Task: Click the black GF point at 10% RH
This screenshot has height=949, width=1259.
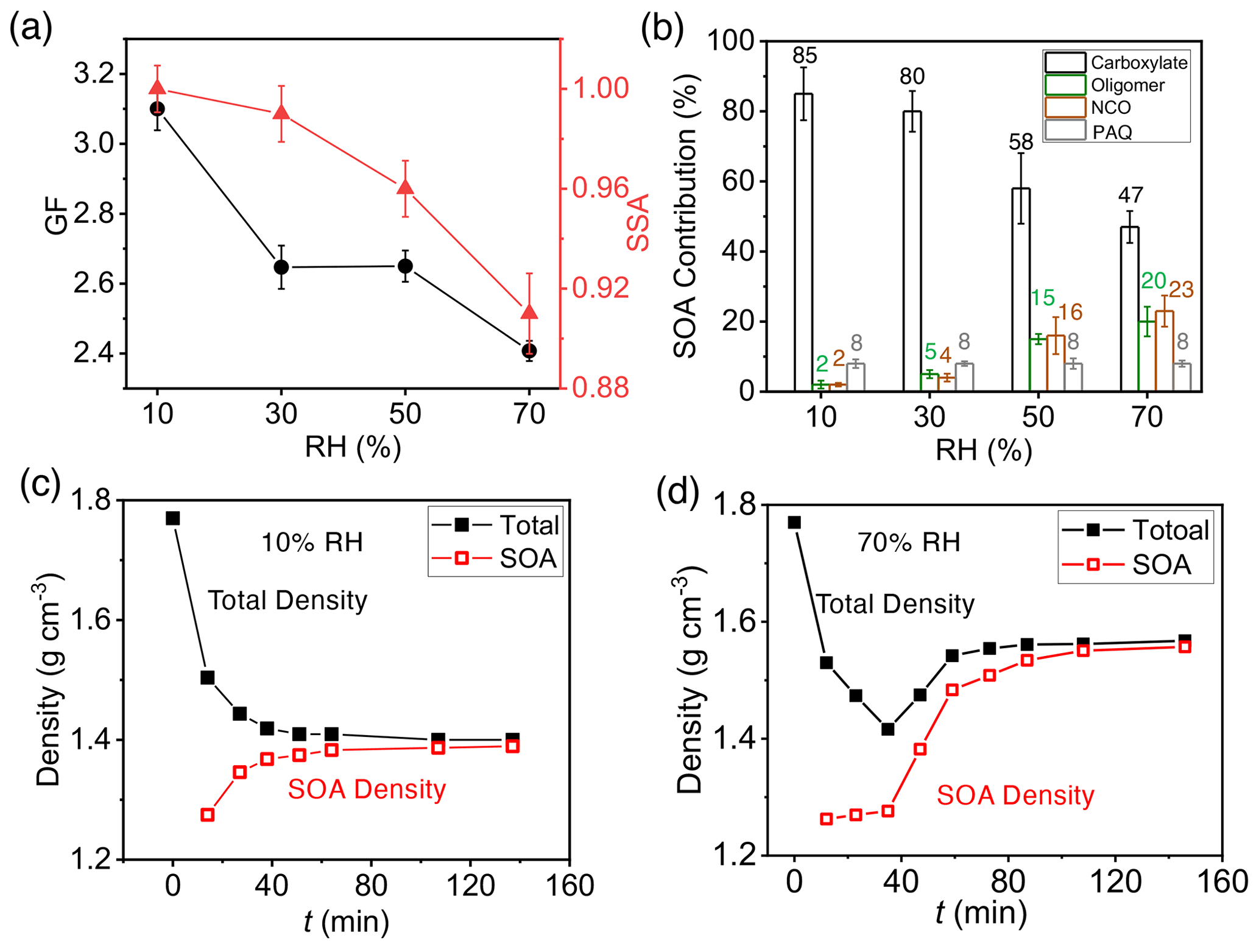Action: click(x=157, y=109)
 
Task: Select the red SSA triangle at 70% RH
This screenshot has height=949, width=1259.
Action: click(x=529, y=312)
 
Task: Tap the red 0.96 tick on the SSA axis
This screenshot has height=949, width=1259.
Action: click(x=601, y=188)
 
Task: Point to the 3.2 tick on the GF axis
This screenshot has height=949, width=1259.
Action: click(x=94, y=74)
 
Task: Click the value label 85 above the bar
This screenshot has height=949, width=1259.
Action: click(x=805, y=55)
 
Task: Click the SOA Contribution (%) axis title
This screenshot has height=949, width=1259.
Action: click(x=686, y=216)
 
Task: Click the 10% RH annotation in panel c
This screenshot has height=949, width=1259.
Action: click(x=312, y=542)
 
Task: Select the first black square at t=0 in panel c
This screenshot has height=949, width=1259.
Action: click(x=173, y=518)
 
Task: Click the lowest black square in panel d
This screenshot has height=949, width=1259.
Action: click(x=887, y=729)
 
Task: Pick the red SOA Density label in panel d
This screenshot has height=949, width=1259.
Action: click(x=1015, y=796)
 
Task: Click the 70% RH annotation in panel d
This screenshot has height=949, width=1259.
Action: click(x=909, y=542)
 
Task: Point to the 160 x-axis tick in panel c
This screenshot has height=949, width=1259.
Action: click(x=569, y=885)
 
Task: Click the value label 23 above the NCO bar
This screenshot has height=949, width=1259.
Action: click(x=1181, y=290)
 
